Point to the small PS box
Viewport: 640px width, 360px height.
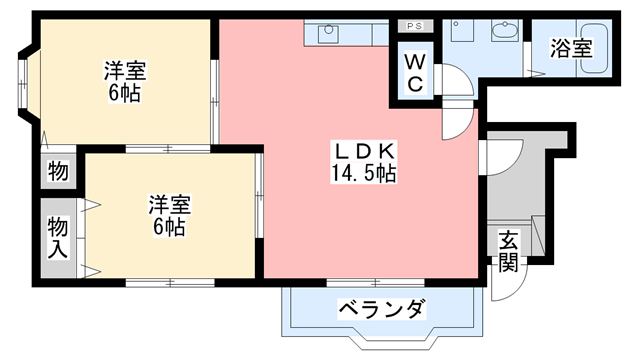(414, 25)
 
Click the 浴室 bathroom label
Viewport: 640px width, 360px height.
(572, 48)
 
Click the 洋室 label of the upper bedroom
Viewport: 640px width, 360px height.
(126, 72)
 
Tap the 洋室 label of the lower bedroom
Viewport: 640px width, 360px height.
(169, 204)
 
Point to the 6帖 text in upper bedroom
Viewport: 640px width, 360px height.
(126, 94)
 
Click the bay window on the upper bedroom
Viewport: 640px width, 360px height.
(24, 85)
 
